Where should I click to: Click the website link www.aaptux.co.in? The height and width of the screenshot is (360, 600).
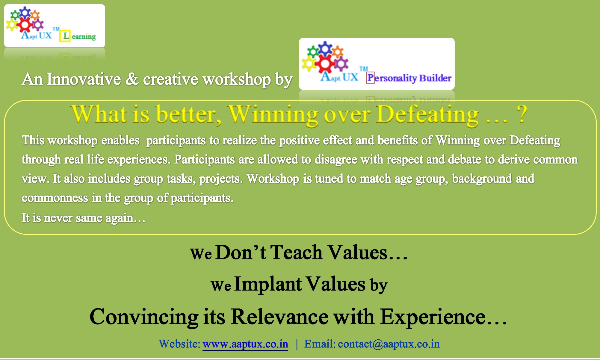pyautogui.click(x=245, y=344)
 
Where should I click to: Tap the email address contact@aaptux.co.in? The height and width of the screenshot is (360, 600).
pyautogui.click(x=389, y=344)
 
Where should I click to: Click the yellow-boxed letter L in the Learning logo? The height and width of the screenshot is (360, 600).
pyautogui.click(x=65, y=36)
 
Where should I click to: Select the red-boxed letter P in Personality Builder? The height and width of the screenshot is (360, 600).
pyautogui.click(x=371, y=78)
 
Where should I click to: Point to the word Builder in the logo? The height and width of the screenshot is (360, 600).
pyautogui.click(x=435, y=78)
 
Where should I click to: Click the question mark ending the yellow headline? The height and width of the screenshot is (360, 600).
pyautogui.click(x=522, y=114)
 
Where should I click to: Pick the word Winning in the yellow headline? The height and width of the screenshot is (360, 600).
pyautogui.click(x=273, y=115)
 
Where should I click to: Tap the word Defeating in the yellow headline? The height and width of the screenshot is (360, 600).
pyautogui.click(x=427, y=115)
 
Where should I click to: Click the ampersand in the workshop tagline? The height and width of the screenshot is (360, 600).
pyautogui.click(x=132, y=79)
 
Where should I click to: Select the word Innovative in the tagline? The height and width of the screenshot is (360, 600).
pyautogui.click(x=84, y=79)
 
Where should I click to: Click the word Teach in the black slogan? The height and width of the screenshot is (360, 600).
pyautogui.click(x=297, y=252)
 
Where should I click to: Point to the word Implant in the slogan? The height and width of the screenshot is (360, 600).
pyautogui.click(x=268, y=285)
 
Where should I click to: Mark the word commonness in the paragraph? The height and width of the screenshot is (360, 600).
pyautogui.click(x=55, y=198)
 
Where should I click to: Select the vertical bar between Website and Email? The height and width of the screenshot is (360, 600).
pyautogui.click(x=297, y=344)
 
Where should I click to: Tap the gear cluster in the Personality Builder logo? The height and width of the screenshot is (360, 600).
pyautogui.click(x=325, y=57)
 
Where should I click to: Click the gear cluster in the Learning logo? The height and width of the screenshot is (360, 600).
pyautogui.click(x=25, y=20)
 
